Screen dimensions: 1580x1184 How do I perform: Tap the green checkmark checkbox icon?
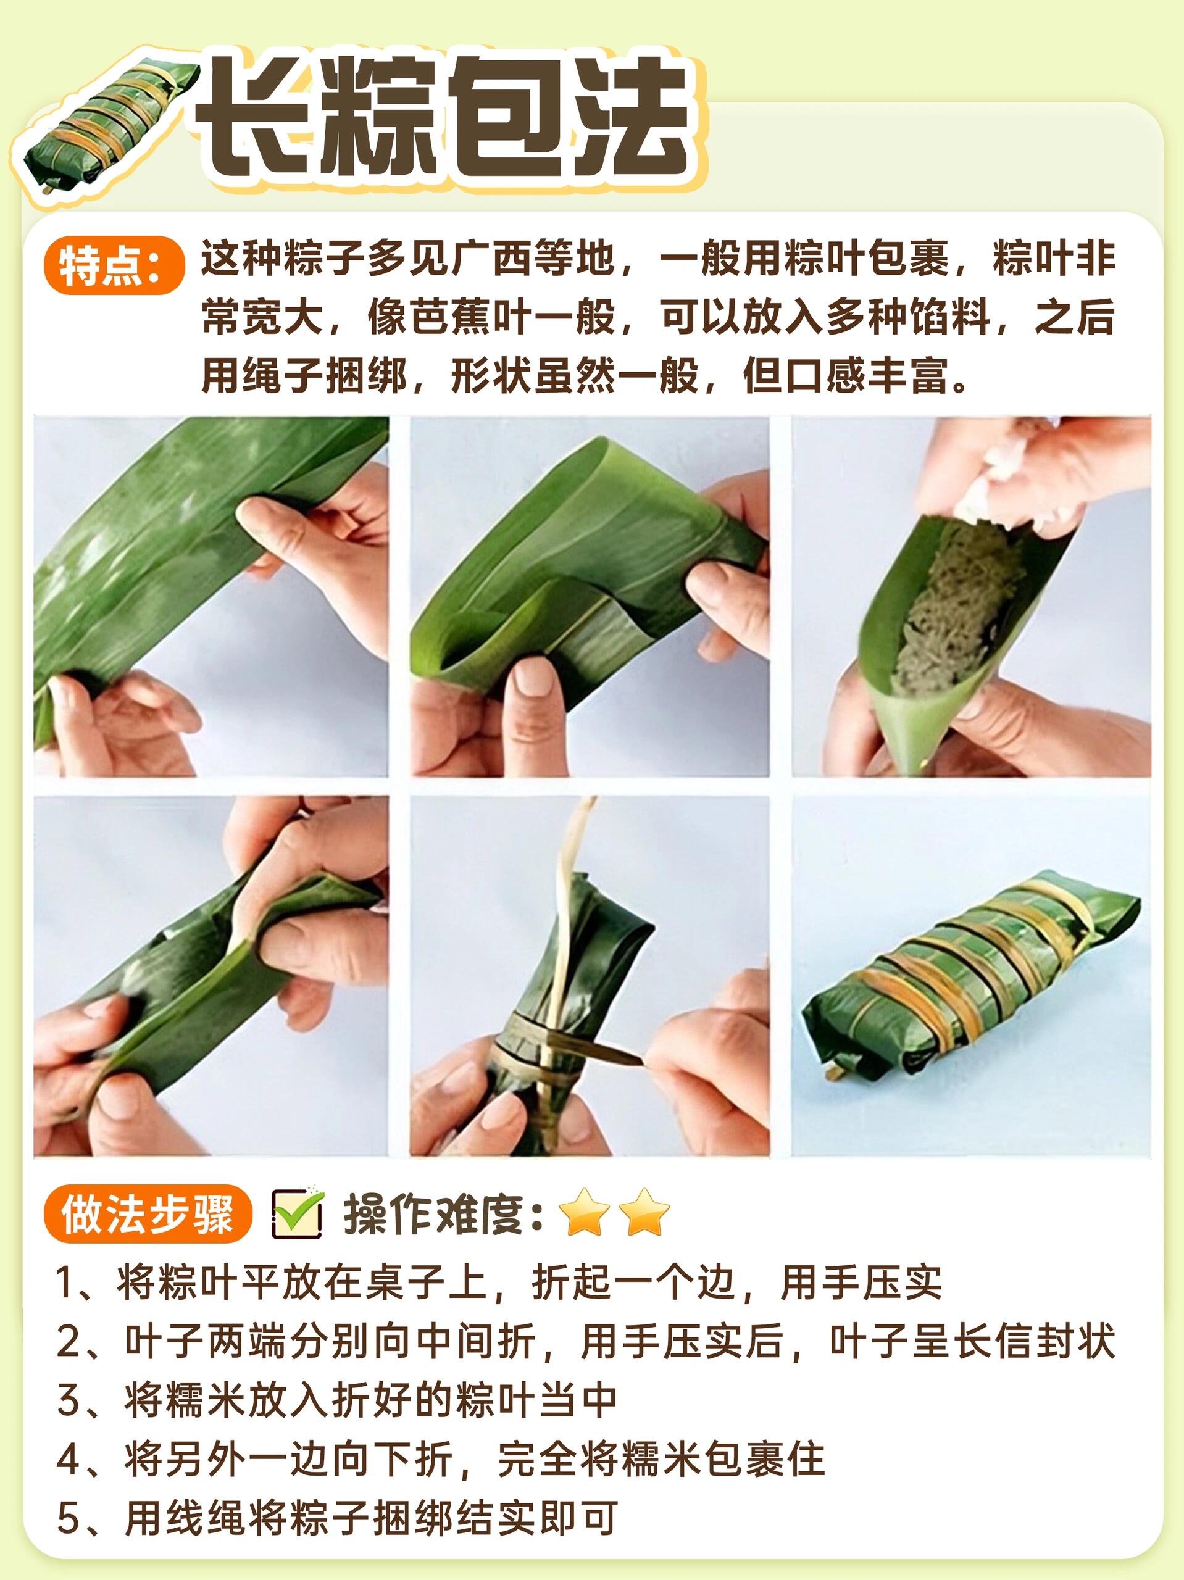tap(298, 1213)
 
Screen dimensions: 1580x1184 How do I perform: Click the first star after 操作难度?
tap(584, 1213)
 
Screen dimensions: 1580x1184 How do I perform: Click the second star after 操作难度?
tap(644, 1213)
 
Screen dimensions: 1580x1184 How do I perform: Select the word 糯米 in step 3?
tap(185, 1400)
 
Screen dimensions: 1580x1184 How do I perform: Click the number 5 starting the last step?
tap(67, 1518)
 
